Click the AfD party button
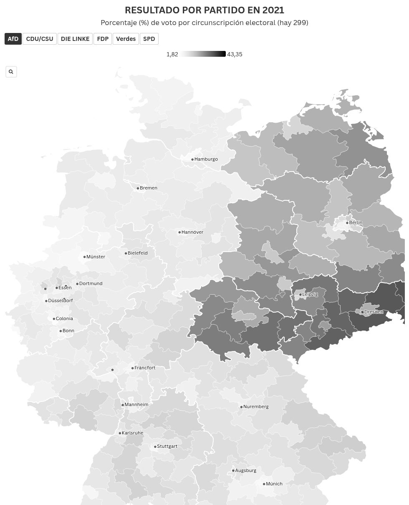click(13, 39)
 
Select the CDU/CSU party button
click(40, 39)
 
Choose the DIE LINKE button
click(75, 39)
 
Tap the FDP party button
click(103, 39)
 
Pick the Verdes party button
click(126, 39)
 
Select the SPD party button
click(149, 39)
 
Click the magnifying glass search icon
click(11, 72)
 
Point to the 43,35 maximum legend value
click(235, 54)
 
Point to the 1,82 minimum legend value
click(172, 54)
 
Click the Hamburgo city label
click(206, 159)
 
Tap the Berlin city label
click(356, 222)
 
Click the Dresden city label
click(374, 312)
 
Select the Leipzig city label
click(310, 294)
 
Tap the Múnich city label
click(274, 484)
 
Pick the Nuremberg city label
click(256, 407)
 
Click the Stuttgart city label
click(167, 446)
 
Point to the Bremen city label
click(149, 188)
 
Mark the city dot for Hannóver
click(179, 232)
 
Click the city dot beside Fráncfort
click(132, 368)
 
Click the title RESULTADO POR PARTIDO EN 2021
click(204, 10)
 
